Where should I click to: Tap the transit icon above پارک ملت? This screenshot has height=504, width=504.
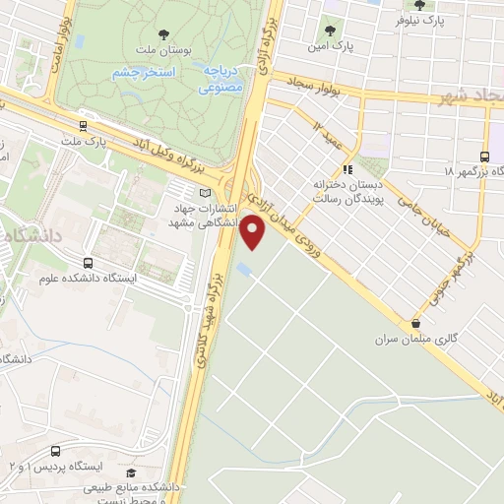pos(82,125)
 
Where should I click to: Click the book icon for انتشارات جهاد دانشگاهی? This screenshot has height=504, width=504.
pos(205,193)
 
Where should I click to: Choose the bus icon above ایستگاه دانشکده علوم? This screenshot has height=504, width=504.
pos(89,263)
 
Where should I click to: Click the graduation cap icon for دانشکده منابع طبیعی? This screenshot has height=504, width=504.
pos(131,472)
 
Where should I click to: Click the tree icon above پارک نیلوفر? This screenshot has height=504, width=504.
pos(420,4)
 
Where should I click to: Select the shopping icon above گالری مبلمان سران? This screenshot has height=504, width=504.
pos(416,323)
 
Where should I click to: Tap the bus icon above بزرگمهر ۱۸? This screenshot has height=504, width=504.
pos(482,156)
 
